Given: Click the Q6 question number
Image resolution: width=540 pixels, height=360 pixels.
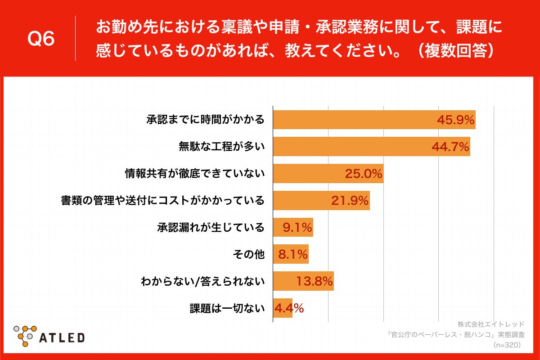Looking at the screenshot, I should pos(41,39).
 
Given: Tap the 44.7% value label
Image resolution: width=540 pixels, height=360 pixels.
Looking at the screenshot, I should pos(450,147).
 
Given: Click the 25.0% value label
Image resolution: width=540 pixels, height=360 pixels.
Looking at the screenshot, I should pos(364,174).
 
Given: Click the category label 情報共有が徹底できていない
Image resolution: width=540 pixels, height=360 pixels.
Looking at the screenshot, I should pos(194,174).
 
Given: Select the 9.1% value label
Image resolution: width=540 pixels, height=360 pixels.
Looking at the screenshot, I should pos(297,228).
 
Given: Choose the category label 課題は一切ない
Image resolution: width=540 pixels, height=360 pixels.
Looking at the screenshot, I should pos(227,309).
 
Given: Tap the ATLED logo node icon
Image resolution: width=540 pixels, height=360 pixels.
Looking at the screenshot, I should pos(25,335).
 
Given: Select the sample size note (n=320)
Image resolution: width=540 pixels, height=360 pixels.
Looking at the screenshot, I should pos(507,345).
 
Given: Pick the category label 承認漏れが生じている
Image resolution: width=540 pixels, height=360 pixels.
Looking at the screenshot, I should pos(211,228).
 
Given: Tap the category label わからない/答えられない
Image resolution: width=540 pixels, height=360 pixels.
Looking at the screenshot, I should pos(202,282).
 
